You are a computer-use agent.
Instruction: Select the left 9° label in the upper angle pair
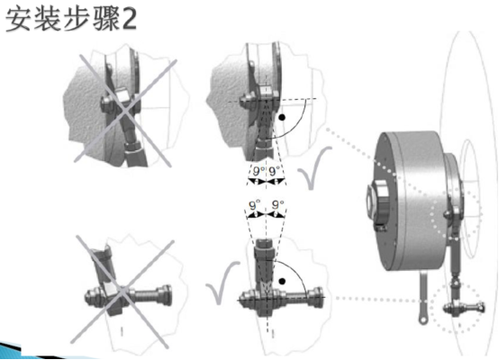[257, 169]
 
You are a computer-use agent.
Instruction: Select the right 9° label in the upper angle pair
[276, 169]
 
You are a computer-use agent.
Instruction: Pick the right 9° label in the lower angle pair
[277, 205]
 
